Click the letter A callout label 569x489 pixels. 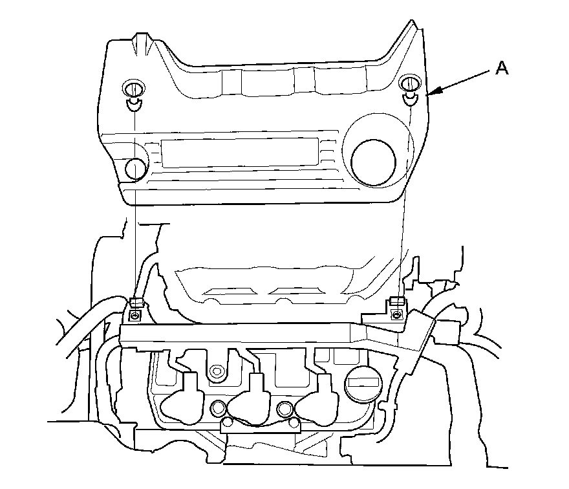502,68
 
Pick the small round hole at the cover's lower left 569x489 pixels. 135,168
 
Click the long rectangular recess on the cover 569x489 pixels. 239,153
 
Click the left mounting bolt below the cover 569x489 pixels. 134,315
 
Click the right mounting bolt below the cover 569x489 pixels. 397,314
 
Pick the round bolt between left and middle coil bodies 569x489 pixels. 218,407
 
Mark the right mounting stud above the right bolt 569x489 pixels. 396,301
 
